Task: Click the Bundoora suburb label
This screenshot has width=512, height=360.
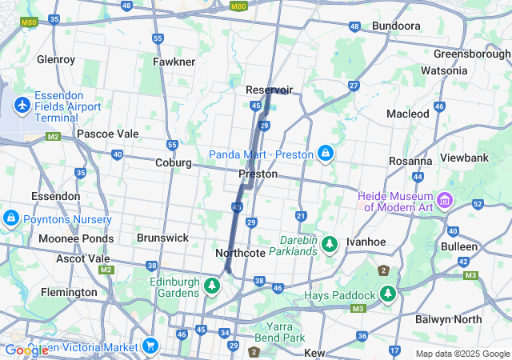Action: [x=397, y=26]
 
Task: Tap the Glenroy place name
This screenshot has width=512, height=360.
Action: [x=56, y=59]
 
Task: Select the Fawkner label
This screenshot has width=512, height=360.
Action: [x=174, y=62]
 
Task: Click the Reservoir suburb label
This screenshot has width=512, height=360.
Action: [x=270, y=90]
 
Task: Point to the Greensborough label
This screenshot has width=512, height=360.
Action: [x=472, y=54]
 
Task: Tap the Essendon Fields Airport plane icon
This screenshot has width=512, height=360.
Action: [x=22, y=105]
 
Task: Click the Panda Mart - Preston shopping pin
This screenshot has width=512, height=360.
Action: [x=326, y=152]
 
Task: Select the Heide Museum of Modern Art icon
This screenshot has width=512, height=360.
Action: [x=446, y=198]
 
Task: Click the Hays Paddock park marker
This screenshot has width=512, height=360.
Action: [x=388, y=294]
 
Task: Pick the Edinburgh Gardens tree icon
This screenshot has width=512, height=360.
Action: [x=213, y=285]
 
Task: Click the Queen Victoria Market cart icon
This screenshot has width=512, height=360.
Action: [x=150, y=346]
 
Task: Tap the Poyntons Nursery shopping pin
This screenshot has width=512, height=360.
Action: [x=10, y=218]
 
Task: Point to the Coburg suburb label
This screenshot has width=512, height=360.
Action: [x=174, y=162]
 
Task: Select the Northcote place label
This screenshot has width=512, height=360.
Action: [x=240, y=253]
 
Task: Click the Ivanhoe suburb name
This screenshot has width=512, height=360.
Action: [x=366, y=242]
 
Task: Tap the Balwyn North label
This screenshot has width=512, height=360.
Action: [x=449, y=318]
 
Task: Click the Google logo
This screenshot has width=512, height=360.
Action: [x=26, y=350]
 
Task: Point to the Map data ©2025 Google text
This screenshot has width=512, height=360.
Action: [x=462, y=354]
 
